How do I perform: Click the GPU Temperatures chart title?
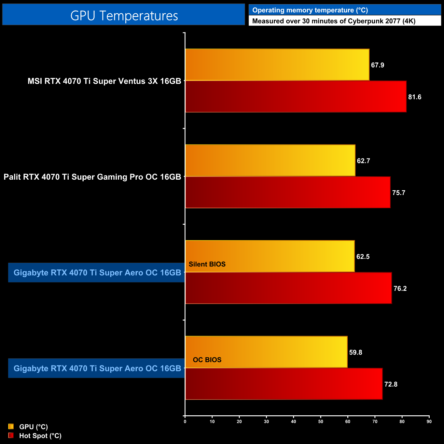124,16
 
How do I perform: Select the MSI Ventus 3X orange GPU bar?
277,65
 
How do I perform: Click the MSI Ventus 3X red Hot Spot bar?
296,97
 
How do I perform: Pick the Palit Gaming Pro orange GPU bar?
270,161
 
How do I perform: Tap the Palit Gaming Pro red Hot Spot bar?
288,192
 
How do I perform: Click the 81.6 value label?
415,97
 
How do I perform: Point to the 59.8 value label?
356,352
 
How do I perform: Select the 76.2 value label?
400,289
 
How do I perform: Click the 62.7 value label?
363,161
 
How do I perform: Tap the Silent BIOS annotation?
207,264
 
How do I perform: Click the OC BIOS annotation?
207,360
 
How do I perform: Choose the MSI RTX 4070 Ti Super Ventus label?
104,81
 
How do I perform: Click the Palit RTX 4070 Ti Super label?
92,177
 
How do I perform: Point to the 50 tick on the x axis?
320,421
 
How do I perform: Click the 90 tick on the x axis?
429,421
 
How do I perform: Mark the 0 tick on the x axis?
185,421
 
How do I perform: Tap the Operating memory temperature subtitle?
310,10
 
